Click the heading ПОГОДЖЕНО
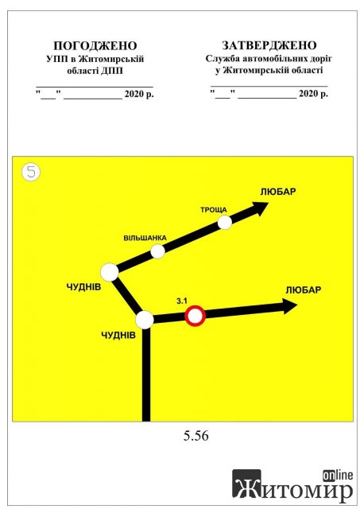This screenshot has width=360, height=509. pyautogui.click(x=95, y=46)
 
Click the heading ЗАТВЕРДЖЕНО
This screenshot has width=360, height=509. pyautogui.click(x=269, y=45)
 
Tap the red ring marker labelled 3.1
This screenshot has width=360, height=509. pyautogui.click(x=195, y=316)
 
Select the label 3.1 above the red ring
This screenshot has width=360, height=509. pyautogui.click(x=182, y=301)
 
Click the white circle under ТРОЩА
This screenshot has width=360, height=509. pyautogui.click(x=224, y=223)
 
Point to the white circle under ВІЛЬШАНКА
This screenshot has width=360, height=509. pyautogui.click(x=157, y=251)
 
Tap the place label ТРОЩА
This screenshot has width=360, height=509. pyautogui.click(x=214, y=210)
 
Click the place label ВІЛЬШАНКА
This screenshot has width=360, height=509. pyautogui.click(x=145, y=238)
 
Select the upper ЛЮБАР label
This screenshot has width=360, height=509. pyautogui.click(x=278, y=192)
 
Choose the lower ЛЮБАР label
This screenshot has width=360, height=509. pyautogui.click(x=304, y=289)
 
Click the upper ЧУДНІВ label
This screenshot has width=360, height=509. pyautogui.click(x=83, y=286)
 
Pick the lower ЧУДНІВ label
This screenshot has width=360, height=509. pyautogui.click(x=118, y=335)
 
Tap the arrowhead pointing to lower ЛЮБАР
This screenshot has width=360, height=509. pyautogui.click(x=289, y=306)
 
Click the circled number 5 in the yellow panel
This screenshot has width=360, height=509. pyautogui.click(x=31, y=172)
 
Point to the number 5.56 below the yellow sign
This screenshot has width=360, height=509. pyautogui.click(x=195, y=436)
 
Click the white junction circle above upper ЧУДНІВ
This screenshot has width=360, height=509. pyautogui.click(x=110, y=272)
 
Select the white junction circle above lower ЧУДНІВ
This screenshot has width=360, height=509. pyautogui.click(x=145, y=320)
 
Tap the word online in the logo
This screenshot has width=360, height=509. pyautogui.click(x=337, y=476)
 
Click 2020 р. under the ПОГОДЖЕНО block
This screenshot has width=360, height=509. pyautogui.click(x=139, y=94)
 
